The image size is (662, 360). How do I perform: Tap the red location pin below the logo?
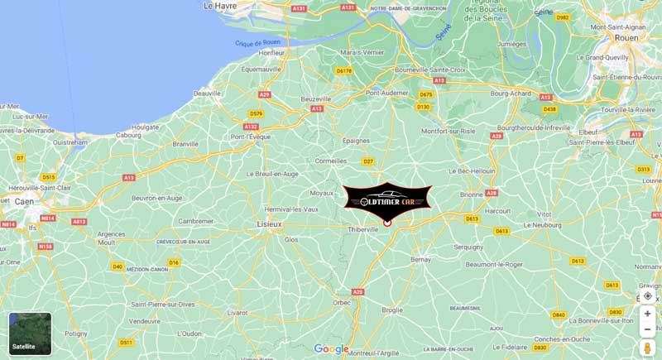pyautogui.click(x=387, y=222)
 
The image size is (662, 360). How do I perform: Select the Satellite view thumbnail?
pyautogui.click(x=30, y=333)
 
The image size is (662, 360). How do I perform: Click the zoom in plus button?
pyautogui.click(x=647, y=314)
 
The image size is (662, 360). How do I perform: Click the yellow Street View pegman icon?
pyautogui.click(x=647, y=348)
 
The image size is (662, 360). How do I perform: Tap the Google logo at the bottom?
pyautogui.click(x=331, y=349)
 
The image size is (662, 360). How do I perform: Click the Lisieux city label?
pyautogui.click(x=270, y=224)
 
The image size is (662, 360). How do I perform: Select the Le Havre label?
pyautogui.click(x=220, y=6)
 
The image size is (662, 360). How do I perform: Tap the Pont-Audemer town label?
pyautogui.click(x=387, y=93)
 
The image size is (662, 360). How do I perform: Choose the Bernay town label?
pyautogui.click(x=421, y=260)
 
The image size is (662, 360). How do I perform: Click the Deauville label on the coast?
pyautogui.click(x=206, y=94)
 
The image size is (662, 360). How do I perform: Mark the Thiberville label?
pyautogui.click(x=362, y=229)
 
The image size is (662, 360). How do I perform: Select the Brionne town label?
pyautogui.click(x=471, y=194)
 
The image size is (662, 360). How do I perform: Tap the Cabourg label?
pyautogui.click(x=128, y=135)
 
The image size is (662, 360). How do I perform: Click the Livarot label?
pyautogui.click(x=237, y=313)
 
